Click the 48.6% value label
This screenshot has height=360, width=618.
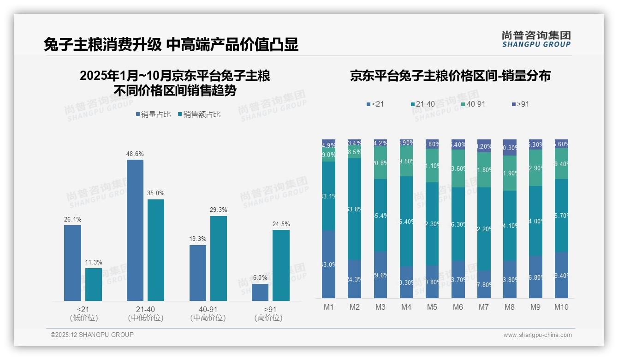(135, 154)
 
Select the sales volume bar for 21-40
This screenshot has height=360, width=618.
(135, 230)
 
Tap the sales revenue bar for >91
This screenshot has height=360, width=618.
(281, 265)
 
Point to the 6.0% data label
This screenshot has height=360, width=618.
(260, 278)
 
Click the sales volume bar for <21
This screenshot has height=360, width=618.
(72, 263)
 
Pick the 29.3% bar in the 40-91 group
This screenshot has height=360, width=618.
(219, 258)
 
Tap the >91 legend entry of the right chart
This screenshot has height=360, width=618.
(520, 104)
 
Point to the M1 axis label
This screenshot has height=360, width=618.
(328, 307)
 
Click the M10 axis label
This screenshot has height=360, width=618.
(561, 307)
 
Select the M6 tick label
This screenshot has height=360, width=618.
(458, 307)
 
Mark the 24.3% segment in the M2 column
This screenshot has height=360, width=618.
(354, 279)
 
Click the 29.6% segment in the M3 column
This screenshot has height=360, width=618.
(380, 275)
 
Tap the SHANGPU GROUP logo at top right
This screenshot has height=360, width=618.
(536, 39)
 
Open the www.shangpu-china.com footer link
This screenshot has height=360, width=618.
(537, 335)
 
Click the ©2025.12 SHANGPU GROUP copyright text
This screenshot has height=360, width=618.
(92, 335)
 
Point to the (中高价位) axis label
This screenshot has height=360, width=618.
(208, 318)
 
